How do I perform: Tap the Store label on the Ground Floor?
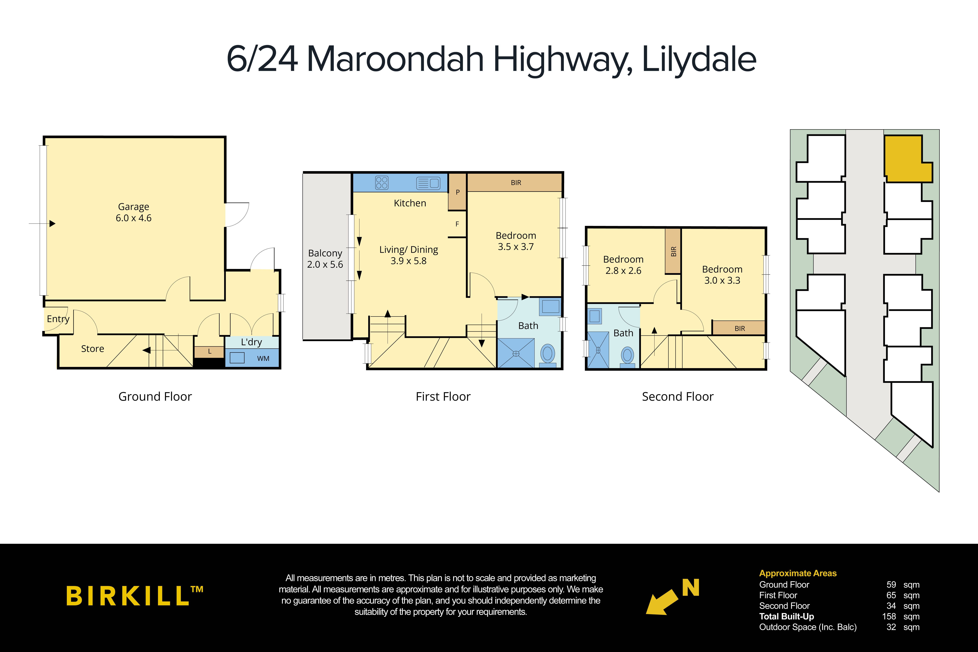[92, 349]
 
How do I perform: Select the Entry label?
[58, 319]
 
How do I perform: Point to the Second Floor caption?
[677, 397]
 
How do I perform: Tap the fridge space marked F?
[457, 224]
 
